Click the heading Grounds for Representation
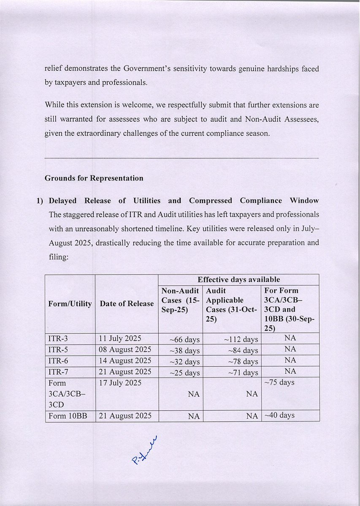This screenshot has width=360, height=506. (x=94, y=178)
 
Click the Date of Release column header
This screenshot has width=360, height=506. (x=127, y=304)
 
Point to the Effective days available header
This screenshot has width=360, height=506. (x=238, y=280)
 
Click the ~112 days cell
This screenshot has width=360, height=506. (x=243, y=339)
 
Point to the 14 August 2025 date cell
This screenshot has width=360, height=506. (x=125, y=361)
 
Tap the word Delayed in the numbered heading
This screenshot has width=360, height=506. (x=63, y=200)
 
